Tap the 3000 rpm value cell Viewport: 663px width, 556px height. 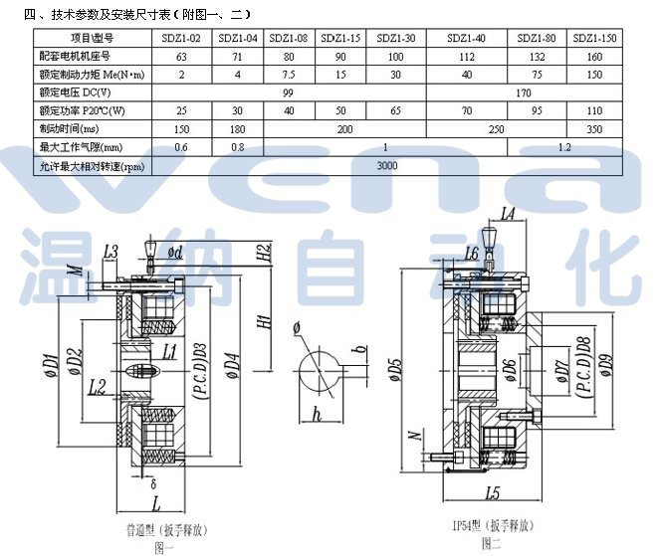(387, 166)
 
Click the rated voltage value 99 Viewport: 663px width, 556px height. (288, 93)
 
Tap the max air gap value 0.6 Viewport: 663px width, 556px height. (181, 148)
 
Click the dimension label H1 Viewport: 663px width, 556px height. (264, 322)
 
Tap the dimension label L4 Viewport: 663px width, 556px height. (508, 212)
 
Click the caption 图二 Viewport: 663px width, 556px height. (491, 543)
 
